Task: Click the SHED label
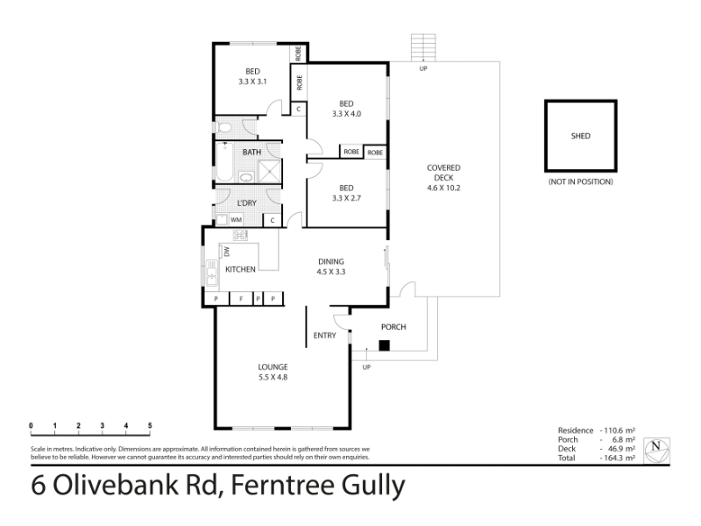580,136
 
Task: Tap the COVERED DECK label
443,178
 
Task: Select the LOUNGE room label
273,372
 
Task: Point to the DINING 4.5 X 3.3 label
331,267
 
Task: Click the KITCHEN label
240,269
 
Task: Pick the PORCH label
393,327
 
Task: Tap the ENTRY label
324,336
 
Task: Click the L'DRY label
247,203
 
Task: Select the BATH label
251,152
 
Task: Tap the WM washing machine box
236,220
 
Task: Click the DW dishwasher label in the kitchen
227,252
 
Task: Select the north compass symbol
656,451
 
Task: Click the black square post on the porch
384,345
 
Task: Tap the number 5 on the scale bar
150,425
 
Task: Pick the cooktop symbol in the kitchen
240,235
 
